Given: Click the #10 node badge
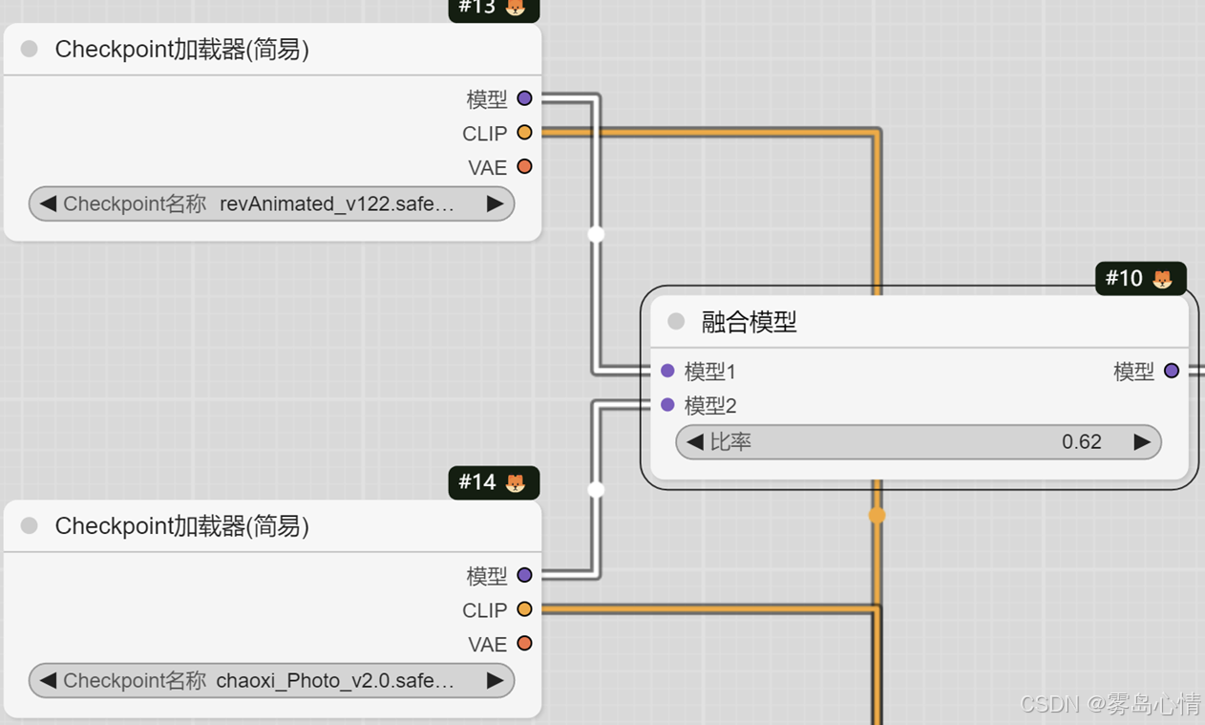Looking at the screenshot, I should click(x=1140, y=278).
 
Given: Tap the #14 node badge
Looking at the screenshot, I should click(x=493, y=482).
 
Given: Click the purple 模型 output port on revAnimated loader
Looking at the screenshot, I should click(x=524, y=98).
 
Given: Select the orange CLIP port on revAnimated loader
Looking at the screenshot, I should click(x=524, y=133).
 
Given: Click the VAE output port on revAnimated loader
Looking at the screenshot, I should click(x=524, y=167).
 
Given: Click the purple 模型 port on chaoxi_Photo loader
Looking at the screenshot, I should click(x=524, y=575).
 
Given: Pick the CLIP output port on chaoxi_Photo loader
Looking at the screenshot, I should click(x=524, y=609).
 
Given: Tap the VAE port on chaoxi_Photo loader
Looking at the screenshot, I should click(x=524, y=644).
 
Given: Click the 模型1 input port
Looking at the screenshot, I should click(x=667, y=371).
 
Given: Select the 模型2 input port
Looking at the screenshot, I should click(x=667, y=405).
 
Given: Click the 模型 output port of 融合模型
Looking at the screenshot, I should click(x=1172, y=371).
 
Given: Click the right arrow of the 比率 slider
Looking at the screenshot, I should click(x=1142, y=442).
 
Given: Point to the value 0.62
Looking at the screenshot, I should click(x=1081, y=442).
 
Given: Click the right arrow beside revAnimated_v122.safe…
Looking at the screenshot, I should click(x=495, y=203).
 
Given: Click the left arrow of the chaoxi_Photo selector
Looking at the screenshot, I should click(x=48, y=681).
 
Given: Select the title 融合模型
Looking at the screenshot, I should click(x=749, y=322).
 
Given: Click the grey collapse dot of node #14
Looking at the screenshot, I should click(x=30, y=525).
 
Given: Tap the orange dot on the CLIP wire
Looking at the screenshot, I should click(x=877, y=516).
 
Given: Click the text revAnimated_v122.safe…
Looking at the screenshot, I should click(x=336, y=203).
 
